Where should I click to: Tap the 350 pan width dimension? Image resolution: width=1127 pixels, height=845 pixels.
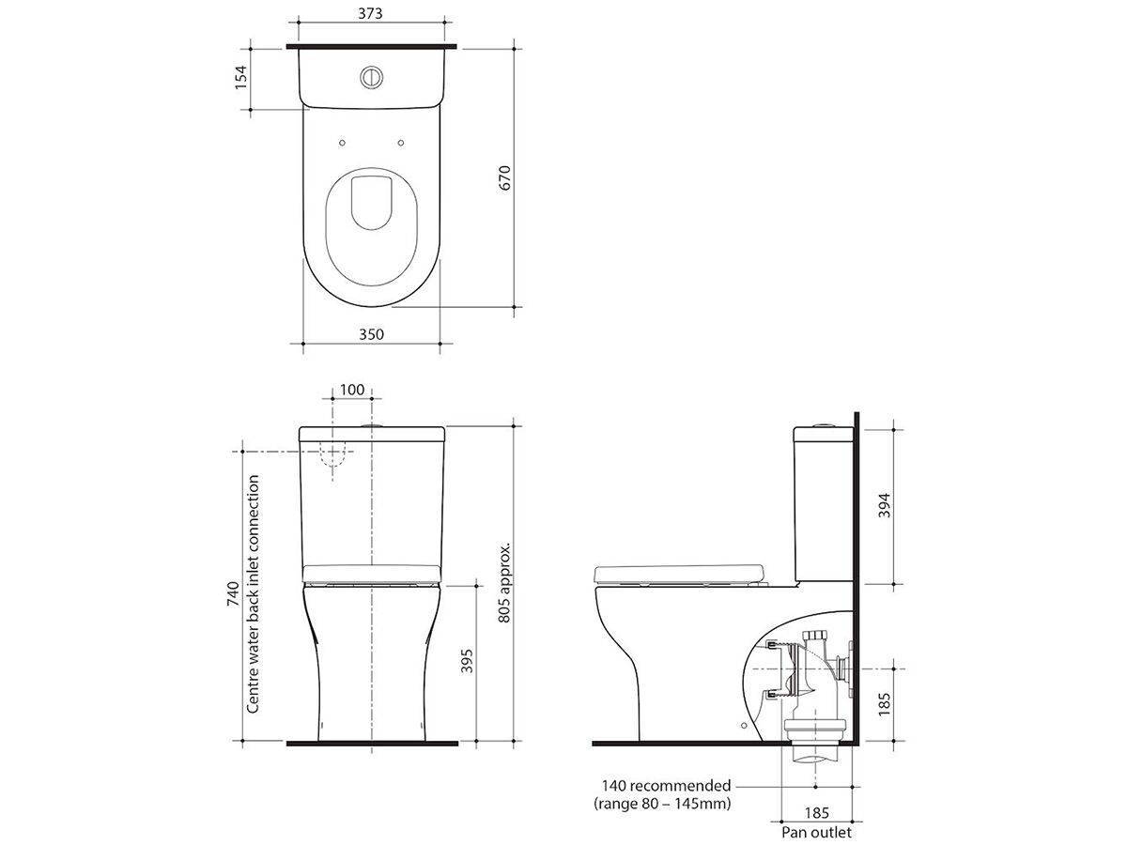(x=372, y=333)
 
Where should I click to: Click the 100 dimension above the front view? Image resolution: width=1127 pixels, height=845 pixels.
(x=352, y=390)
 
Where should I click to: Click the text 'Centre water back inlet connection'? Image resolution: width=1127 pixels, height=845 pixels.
(x=253, y=593)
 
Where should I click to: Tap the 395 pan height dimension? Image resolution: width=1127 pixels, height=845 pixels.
(x=467, y=662)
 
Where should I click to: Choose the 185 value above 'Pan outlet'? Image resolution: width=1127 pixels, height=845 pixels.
(x=816, y=815)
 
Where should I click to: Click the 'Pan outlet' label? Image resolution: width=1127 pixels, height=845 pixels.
(x=816, y=832)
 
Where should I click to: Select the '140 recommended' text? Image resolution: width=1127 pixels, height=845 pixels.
(x=666, y=786)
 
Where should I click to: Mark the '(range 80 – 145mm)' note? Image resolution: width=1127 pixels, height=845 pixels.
(x=663, y=805)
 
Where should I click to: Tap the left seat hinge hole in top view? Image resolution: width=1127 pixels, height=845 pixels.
(x=342, y=143)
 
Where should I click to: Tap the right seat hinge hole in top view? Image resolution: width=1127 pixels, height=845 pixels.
(x=402, y=143)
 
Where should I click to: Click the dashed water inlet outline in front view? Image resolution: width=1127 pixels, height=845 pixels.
(x=333, y=456)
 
